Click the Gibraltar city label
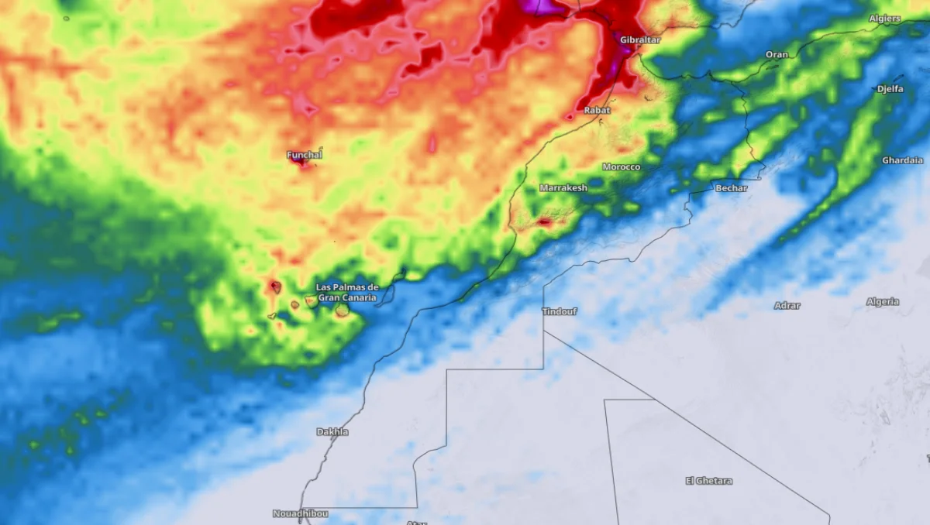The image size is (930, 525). pyautogui.click(x=640, y=39)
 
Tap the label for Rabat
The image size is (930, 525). pyautogui.click(x=597, y=111)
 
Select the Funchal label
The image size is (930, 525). pyautogui.click(x=305, y=155)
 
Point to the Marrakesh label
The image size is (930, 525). pyautogui.click(x=563, y=188)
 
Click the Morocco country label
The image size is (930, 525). pyautogui.click(x=622, y=167)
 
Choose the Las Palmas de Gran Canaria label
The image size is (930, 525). pyautogui.click(x=347, y=292)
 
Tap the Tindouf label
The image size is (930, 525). pyautogui.click(x=560, y=311)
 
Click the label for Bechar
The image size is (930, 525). pyautogui.click(x=731, y=188)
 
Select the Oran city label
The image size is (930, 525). pyautogui.click(x=777, y=55)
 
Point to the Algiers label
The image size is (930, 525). pyautogui.click(x=884, y=19)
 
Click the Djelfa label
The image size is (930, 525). pyautogui.click(x=890, y=89)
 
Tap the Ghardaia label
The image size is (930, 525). pyautogui.click(x=902, y=160)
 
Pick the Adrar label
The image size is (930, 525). pyautogui.click(x=787, y=306)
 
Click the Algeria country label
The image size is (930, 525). pyautogui.click(x=883, y=302)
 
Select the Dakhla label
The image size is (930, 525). pyautogui.click(x=332, y=432)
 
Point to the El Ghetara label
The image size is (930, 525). pyautogui.click(x=708, y=481)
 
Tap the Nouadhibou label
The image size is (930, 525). pyautogui.click(x=300, y=513)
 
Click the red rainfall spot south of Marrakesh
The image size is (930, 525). pyautogui.click(x=544, y=222)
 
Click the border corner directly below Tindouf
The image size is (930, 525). pyautogui.click(x=544, y=331)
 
